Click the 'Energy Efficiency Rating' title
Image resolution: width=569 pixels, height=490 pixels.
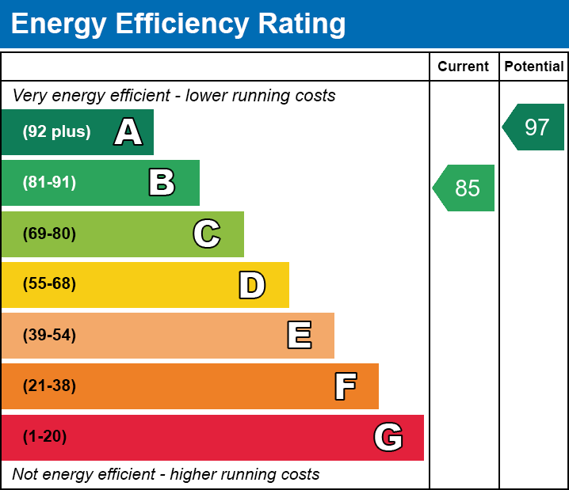(x=178, y=24)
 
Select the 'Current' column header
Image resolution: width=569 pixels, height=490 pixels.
(x=464, y=66)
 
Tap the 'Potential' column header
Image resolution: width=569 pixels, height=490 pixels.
(x=534, y=66)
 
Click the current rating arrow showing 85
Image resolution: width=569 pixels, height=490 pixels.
(x=465, y=188)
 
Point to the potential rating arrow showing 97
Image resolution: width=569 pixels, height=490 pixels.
(x=535, y=127)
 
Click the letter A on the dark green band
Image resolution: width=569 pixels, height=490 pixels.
(x=128, y=132)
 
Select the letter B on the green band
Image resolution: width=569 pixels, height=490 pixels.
(x=162, y=183)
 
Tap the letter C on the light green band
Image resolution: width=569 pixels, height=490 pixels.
(x=207, y=234)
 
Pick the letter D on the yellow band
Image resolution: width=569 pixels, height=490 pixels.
(x=252, y=285)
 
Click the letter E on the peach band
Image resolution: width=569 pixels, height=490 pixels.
(x=299, y=336)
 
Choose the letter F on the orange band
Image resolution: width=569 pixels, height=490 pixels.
(x=345, y=386)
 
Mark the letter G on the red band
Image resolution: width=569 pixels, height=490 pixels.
(x=388, y=437)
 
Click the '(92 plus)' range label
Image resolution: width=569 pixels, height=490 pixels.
(x=56, y=132)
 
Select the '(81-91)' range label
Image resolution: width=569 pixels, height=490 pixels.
(x=49, y=183)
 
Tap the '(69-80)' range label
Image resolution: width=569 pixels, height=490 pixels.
(x=49, y=234)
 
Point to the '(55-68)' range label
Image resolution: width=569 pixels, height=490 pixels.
(x=49, y=284)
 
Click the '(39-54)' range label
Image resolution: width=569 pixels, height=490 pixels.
(x=49, y=336)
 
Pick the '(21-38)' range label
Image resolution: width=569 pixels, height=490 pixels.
(x=49, y=386)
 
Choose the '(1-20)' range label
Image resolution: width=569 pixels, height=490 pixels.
(x=45, y=437)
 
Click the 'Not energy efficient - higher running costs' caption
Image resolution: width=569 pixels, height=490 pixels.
(x=166, y=475)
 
